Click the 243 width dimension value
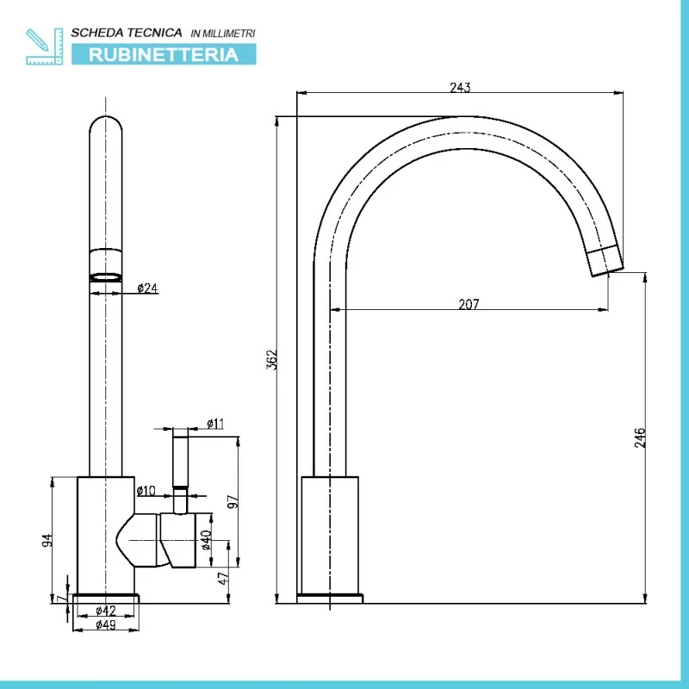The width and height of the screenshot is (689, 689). click(x=460, y=88)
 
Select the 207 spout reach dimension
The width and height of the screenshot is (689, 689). click(x=469, y=304)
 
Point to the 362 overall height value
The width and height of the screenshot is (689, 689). click(x=272, y=359)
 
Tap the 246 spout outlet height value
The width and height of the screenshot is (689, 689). click(x=640, y=438)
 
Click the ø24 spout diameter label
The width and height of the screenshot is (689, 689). click(x=147, y=289)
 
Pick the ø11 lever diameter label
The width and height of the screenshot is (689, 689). click(x=215, y=424)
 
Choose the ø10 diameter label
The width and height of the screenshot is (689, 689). click(x=146, y=490)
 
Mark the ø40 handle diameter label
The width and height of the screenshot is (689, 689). click(x=206, y=540)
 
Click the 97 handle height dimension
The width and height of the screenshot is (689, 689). click(x=233, y=501)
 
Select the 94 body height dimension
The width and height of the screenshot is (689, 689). click(x=47, y=540)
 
